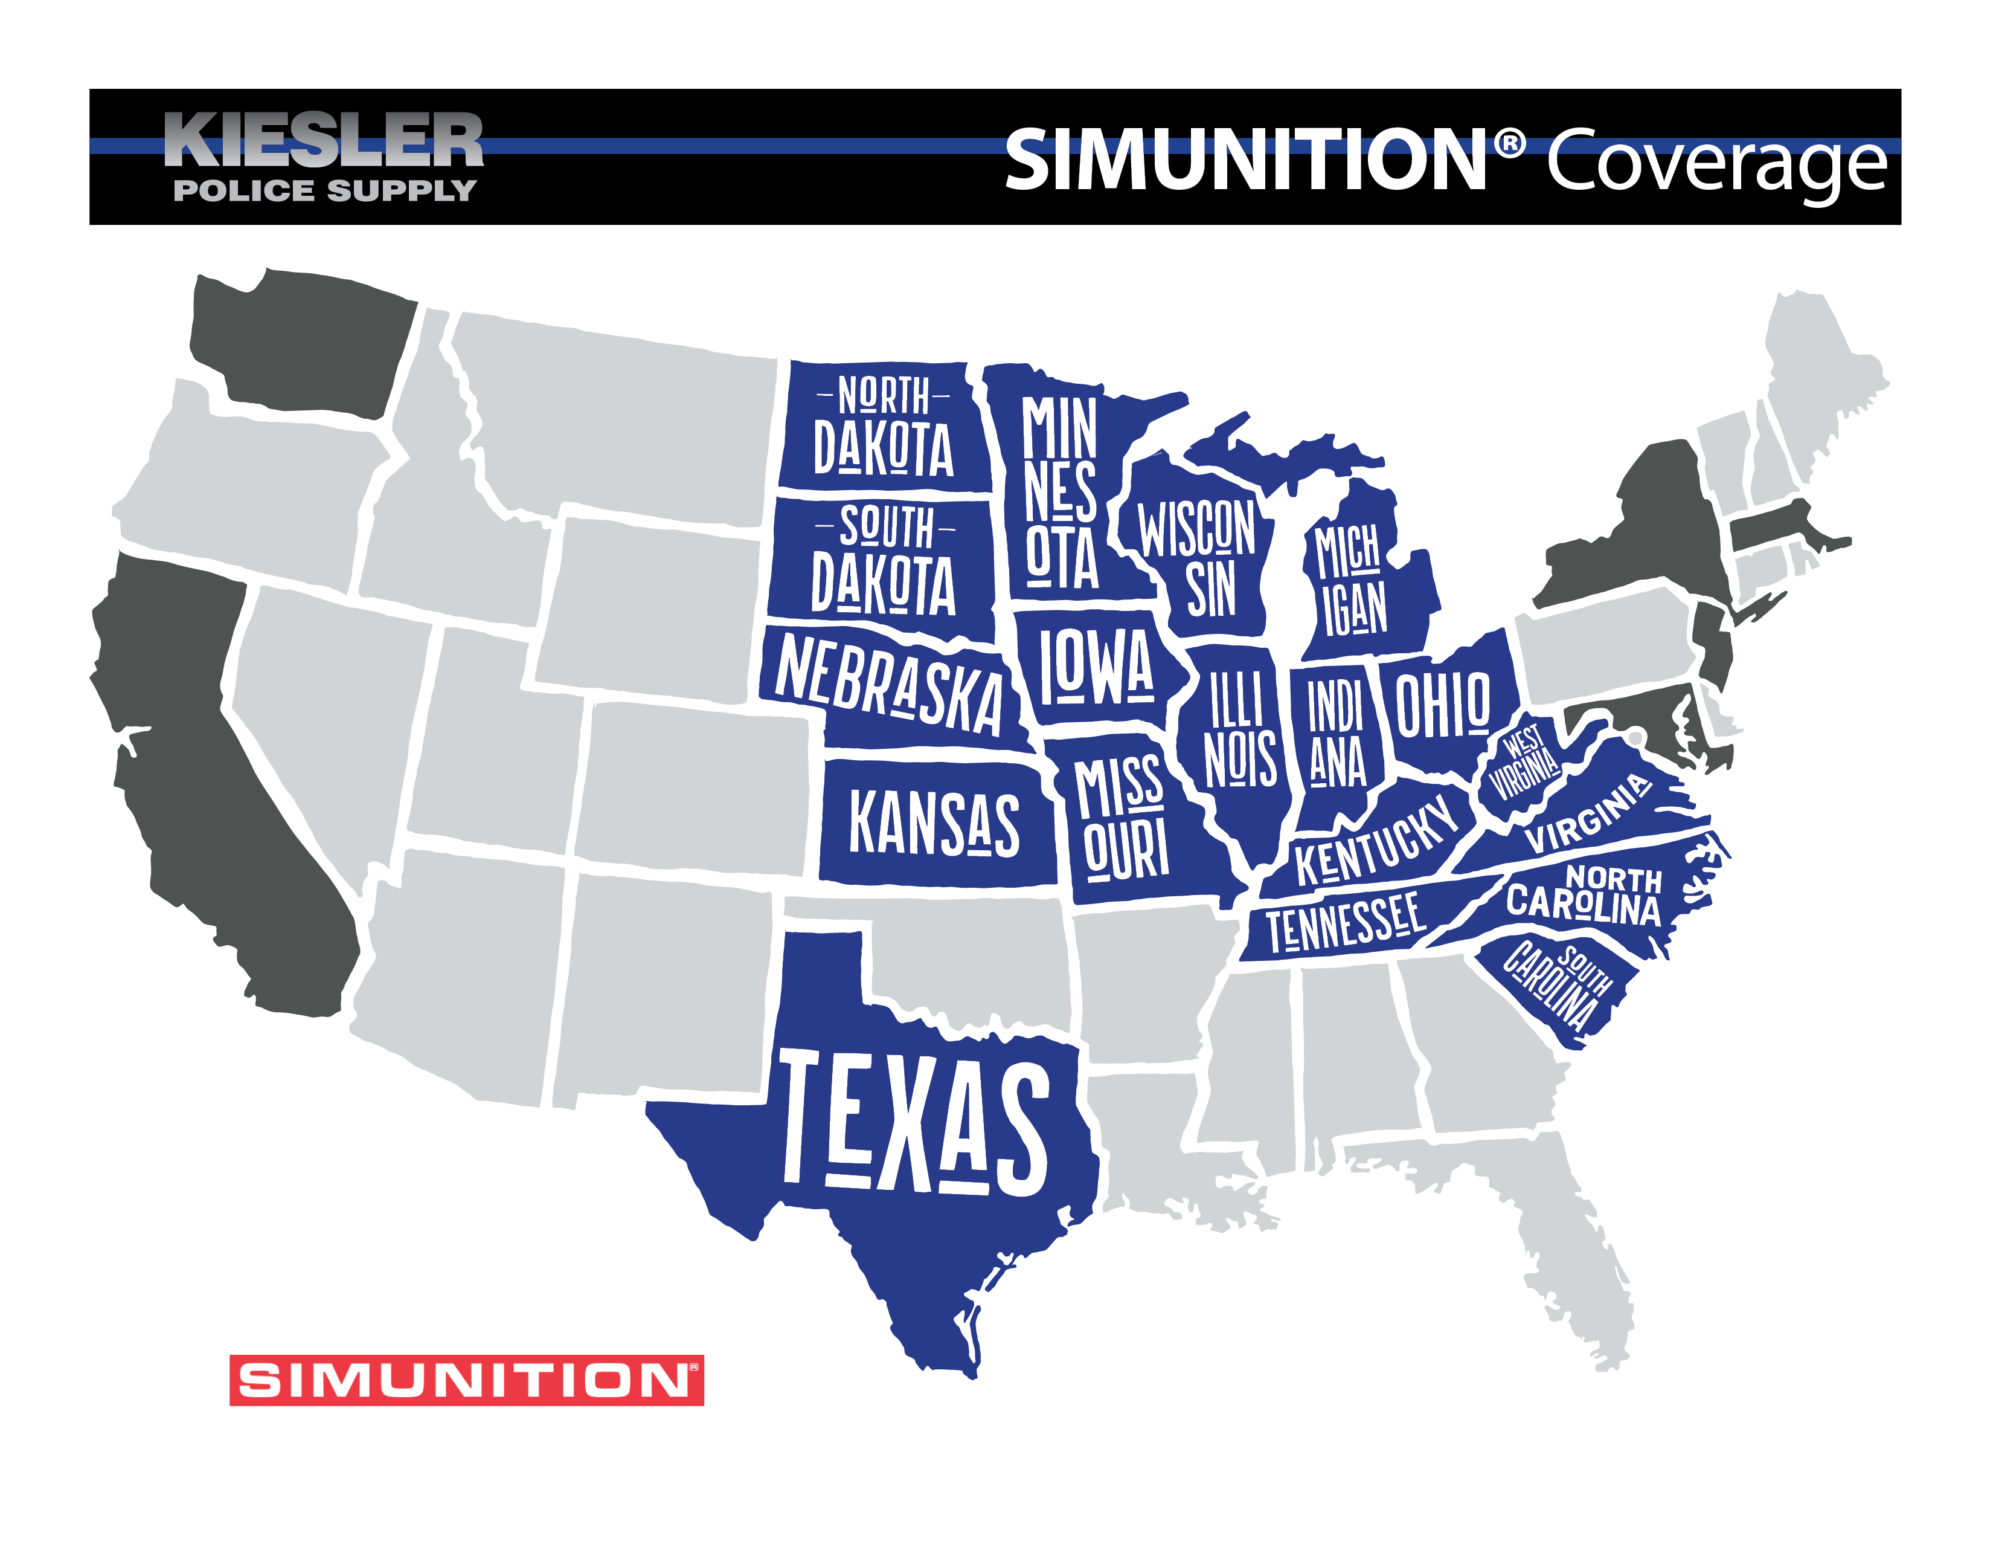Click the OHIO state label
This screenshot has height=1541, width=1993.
pos(1443,704)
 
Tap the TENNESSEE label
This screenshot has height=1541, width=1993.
pos(1344,922)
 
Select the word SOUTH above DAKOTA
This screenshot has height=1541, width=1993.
pos(886,528)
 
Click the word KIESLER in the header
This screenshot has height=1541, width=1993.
pos(324,141)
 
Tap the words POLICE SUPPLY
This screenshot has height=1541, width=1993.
pos(325,191)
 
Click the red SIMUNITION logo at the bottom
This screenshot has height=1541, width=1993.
pos(466,1380)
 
